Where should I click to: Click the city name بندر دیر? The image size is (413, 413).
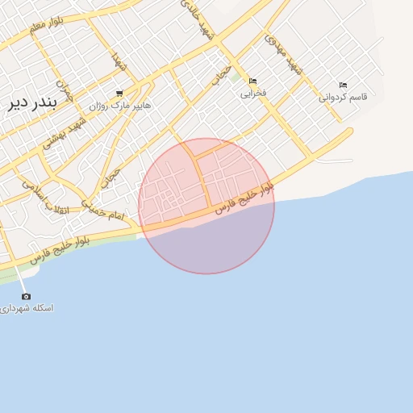30,103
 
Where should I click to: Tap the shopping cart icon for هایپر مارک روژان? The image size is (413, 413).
119,94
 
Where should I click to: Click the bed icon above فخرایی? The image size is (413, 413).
253,81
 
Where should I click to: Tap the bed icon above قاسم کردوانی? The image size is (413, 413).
343,86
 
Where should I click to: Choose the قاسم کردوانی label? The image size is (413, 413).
343,97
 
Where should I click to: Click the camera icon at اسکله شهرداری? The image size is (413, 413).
26,296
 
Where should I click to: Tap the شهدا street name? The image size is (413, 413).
118,60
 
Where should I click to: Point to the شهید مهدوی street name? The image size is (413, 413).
286,56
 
